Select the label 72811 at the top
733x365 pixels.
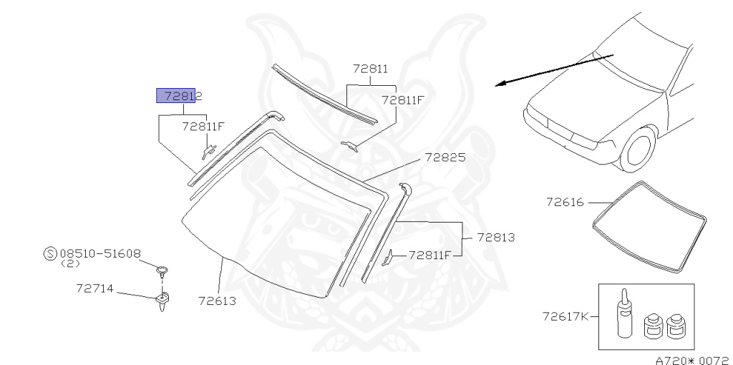pyautogui.click(x=370, y=69)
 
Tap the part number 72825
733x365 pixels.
pyautogui.click(x=445, y=157)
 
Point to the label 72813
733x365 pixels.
pyautogui.click(x=495, y=237)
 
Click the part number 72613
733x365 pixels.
pyautogui.click(x=217, y=300)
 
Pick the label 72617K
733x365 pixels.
pyautogui.click(x=565, y=316)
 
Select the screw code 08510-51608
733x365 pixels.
pyautogui.click(x=100, y=253)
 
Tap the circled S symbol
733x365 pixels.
pyautogui.click(x=50, y=253)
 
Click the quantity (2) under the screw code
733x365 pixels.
pyautogui.click(x=69, y=263)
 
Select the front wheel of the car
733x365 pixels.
pyautogui.click(x=639, y=149)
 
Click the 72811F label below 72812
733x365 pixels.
pyautogui.click(x=203, y=127)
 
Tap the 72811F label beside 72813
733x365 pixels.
pyautogui.click(x=430, y=254)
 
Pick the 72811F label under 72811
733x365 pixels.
pyautogui.click(x=403, y=100)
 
